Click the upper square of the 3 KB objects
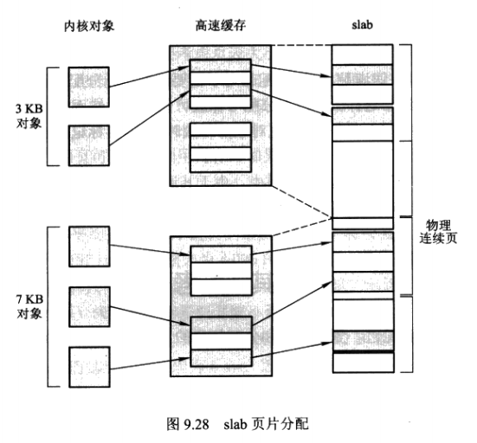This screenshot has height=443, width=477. point(88,86)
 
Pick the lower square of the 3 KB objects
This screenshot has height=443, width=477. point(88,145)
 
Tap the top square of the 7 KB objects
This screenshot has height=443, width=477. point(88,246)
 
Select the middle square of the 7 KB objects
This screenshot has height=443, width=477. point(88,305)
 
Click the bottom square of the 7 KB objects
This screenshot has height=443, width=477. point(88,365)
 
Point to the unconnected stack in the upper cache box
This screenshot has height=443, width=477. point(220,146)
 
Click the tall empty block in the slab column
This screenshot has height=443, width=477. point(362,174)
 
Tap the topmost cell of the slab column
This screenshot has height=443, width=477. point(362,54)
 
